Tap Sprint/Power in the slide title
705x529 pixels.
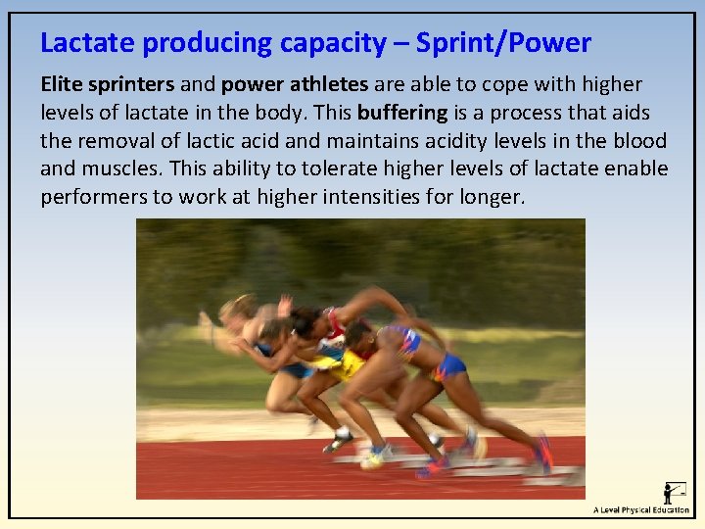503,43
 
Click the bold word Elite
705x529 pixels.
62,84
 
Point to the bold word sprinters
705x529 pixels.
132,85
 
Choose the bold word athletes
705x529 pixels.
326,85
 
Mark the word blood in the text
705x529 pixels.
640,140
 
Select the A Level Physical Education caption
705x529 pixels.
640,510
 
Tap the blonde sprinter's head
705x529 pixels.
238,308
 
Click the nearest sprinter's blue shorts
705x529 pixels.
448,366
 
